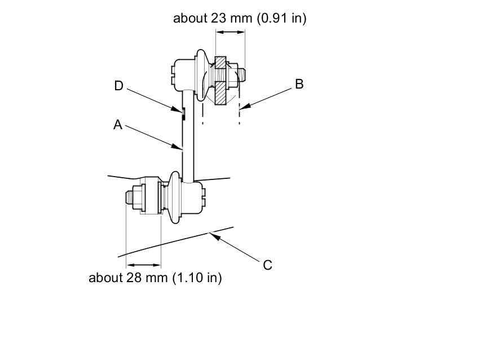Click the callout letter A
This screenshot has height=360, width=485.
click(x=118, y=125)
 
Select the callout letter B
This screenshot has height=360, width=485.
click(x=299, y=84)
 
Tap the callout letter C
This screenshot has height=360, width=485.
click(x=267, y=265)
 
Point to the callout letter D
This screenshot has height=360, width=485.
click(x=119, y=86)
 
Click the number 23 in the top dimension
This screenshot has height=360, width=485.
click(x=219, y=18)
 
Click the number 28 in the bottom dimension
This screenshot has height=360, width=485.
click(x=134, y=278)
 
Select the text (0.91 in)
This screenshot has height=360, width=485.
click(x=281, y=18)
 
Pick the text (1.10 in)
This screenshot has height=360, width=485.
click(x=197, y=278)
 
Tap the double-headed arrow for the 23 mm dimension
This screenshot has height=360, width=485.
click(x=231, y=32)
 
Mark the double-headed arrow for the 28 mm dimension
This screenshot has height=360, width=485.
click(x=144, y=265)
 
